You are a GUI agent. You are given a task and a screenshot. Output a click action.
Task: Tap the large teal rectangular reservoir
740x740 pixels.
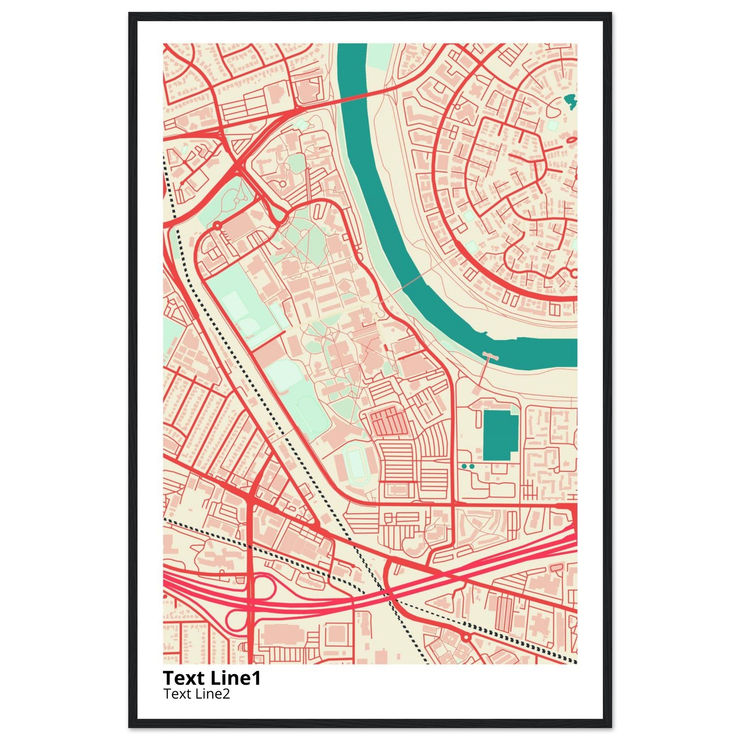tap(500, 435)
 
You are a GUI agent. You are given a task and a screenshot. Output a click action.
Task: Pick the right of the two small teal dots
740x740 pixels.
tap(472, 466)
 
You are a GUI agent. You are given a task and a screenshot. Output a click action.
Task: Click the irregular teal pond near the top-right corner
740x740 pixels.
tap(570, 101)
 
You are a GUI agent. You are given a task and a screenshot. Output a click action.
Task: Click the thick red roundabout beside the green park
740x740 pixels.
tap(218, 225)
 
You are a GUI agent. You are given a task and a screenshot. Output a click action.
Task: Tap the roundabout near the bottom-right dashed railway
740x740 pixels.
tap(466, 638)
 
